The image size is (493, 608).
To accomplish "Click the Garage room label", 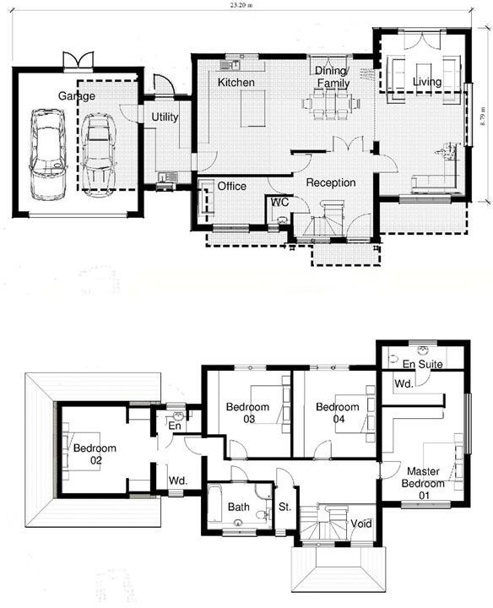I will [76, 96].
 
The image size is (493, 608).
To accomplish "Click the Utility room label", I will [164, 117].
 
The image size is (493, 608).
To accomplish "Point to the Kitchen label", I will [236, 83].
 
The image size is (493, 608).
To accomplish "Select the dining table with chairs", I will [331, 103].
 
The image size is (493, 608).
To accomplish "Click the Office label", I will [231, 186].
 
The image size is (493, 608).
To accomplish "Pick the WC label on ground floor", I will [279, 203].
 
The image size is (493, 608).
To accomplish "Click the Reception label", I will [330, 182].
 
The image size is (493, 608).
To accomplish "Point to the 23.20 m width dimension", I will [246, 4].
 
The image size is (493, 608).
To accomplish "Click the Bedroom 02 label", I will [94, 453].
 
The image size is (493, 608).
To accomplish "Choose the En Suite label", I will [422, 364].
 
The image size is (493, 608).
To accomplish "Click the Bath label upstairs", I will [238, 508].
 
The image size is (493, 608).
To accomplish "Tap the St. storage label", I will [284, 508].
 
